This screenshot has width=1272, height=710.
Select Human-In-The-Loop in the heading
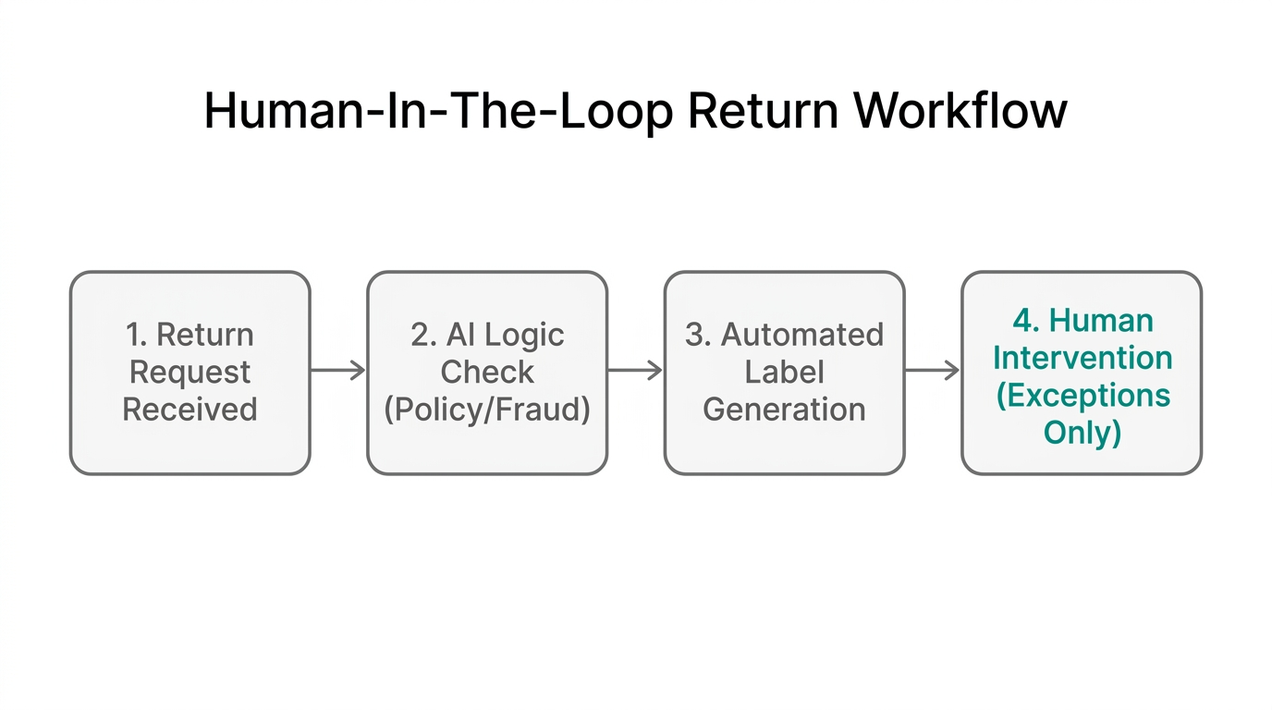click(x=438, y=112)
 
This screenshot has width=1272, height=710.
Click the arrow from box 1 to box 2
click(x=338, y=371)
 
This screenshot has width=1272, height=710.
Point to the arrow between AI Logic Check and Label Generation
click(x=635, y=371)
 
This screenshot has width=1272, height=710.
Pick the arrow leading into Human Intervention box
click(x=932, y=371)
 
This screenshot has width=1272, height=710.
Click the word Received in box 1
click(x=190, y=410)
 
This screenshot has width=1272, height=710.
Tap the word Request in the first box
click(x=190, y=372)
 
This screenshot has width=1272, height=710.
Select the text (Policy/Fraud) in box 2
click(x=487, y=410)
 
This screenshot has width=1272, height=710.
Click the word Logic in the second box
click(x=524, y=334)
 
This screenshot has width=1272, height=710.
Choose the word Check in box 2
click(x=487, y=372)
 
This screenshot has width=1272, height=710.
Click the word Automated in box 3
click(x=801, y=334)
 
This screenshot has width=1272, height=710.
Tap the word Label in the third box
click(x=784, y=372)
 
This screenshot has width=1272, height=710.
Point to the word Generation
click(x=784, y=410)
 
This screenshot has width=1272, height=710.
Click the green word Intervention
click(x=1082, y=358)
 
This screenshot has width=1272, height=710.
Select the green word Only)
click(x=1082, y=433)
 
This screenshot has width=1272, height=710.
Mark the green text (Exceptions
click(x=1082, y=396)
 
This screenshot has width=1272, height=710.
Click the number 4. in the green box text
click(x=1025, y=321)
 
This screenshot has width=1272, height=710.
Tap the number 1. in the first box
click(x=137, y=334)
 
